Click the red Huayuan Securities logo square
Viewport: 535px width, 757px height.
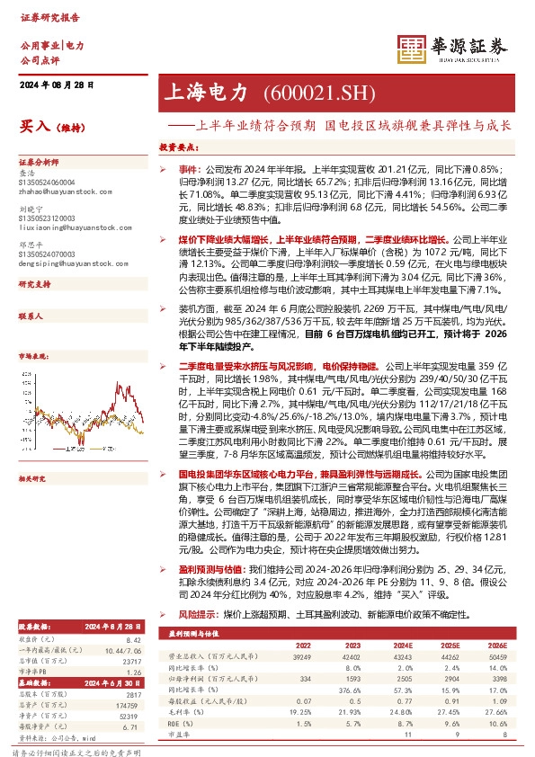tap(412, 52)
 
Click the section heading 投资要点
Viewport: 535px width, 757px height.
tap(177, 147)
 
